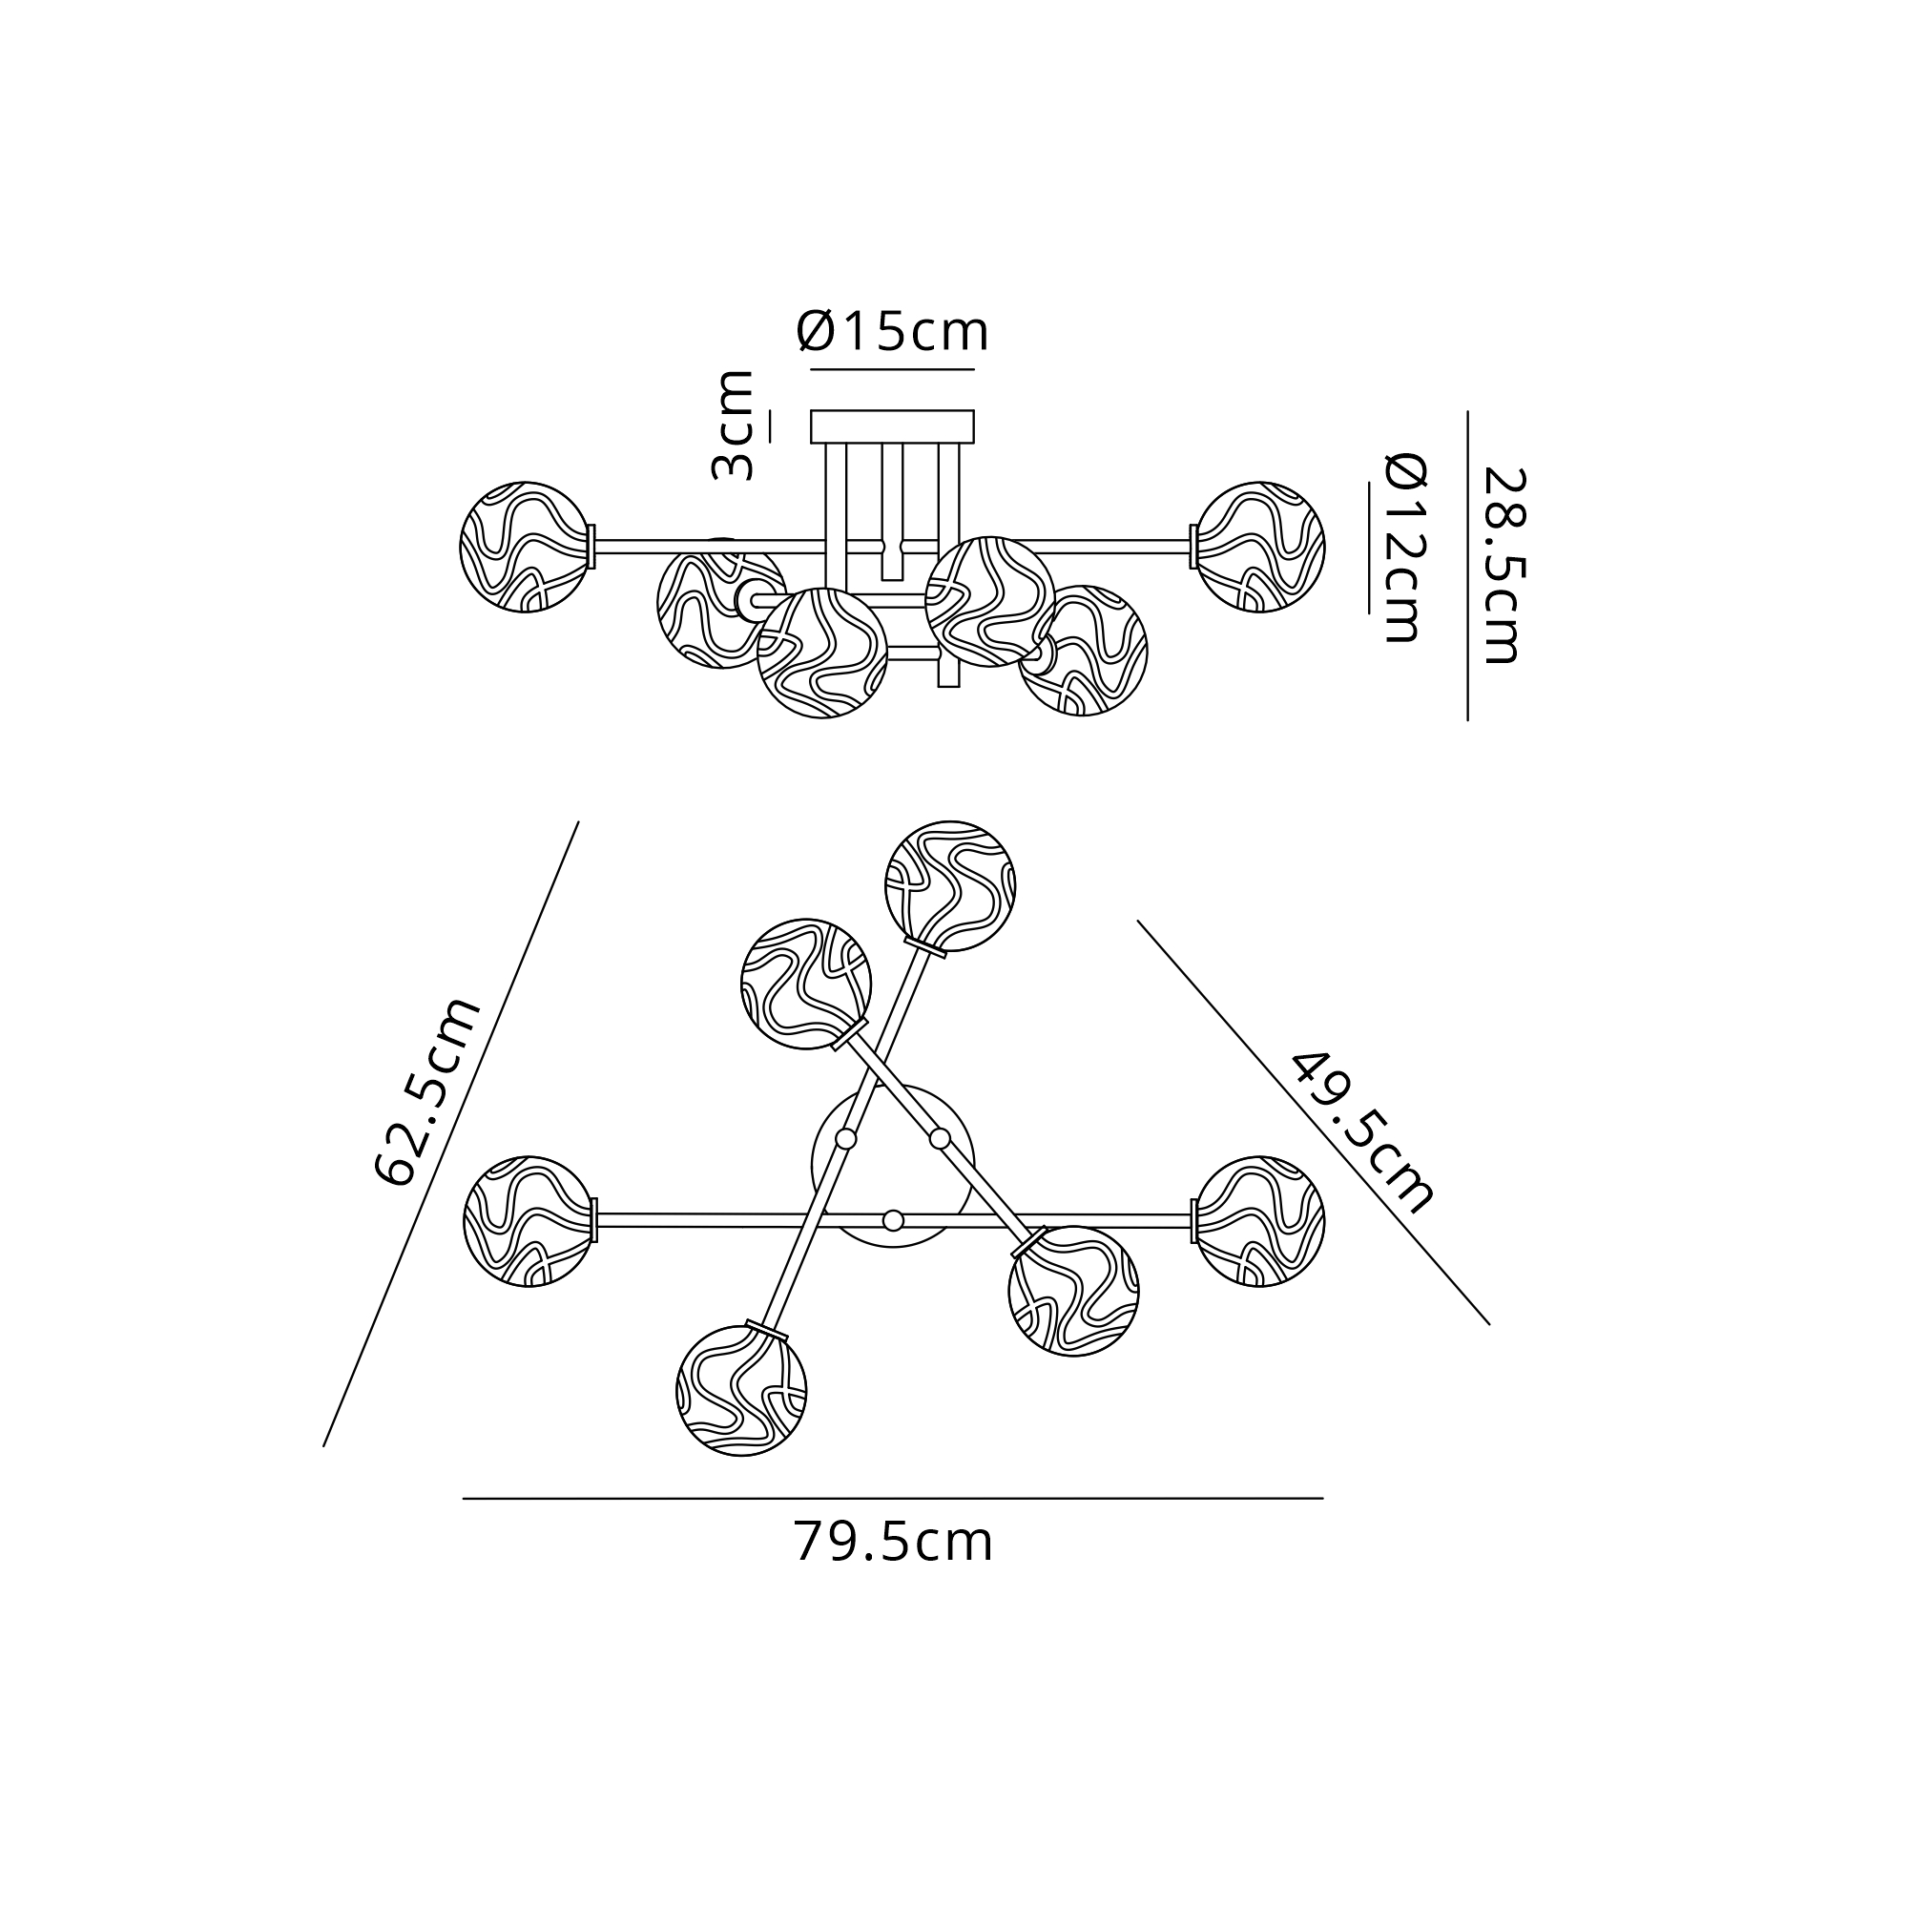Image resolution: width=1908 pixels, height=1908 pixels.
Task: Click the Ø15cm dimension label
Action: tap(892, 332)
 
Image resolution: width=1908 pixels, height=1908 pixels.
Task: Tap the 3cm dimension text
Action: tap(734, 425)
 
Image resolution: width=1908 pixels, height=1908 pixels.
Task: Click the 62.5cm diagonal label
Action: tap(427, 1091)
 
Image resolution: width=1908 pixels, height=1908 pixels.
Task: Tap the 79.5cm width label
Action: tap(893, 1542)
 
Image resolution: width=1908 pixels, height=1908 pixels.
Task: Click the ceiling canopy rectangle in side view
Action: tap(892, 426)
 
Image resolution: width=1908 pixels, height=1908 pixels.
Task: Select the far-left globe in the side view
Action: tap(526, 547)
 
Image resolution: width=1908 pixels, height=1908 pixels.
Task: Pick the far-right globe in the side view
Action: tap(1259, 547)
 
